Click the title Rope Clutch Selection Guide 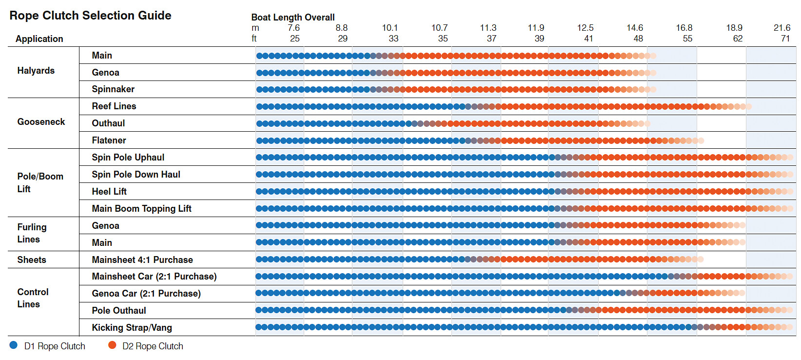click(x=90, y=16)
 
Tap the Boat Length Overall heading click(x=293, y=18)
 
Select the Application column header click(x=39, y=39)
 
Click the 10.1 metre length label click(x=390, y=28)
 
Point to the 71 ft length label click(x=785, y=39)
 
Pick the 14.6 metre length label click(x=635, y=28)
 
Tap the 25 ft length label click(x=294, y=39)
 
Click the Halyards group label click(x=36, y=71)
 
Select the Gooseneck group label click(x=41, y=122)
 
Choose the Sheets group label click(x=32, y=260)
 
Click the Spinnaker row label click(x=113, y=89)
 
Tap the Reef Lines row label click(x=114, y=106)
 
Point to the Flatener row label click(x=109, y=140)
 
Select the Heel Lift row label click(x=109, y=192)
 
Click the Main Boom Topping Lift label click(x=141, y=209)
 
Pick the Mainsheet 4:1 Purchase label click(x=142, y=260)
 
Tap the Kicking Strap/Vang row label click(x=132, y=328)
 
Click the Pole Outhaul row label click(x=119, y=311)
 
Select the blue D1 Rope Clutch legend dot click(x=14, y=345)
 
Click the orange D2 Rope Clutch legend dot click(x=112, y=345)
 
